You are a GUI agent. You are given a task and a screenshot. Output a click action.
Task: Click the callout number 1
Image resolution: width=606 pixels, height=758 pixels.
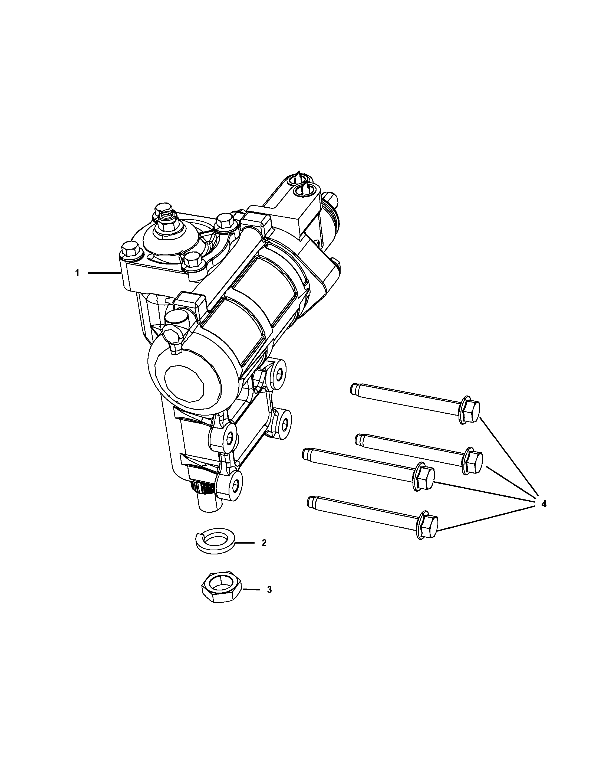tap(77, 273)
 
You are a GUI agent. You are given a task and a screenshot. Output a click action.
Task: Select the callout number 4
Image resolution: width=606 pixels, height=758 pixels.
tap(544, 504)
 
